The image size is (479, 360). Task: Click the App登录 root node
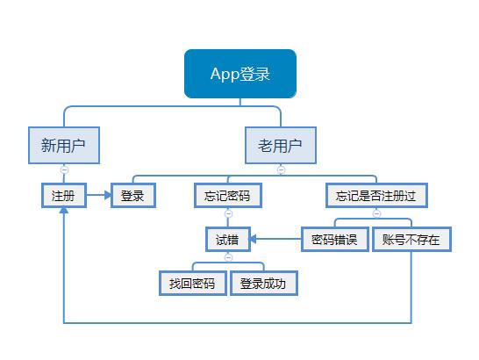(x=239, y=73)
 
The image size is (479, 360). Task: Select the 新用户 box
(x=64, y=146)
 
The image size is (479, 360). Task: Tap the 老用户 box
(x=282, y=146)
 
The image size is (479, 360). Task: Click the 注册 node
(x=64, y=195)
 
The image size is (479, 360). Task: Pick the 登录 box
(x=133, y=195)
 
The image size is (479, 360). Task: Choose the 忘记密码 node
(x=228, y=195)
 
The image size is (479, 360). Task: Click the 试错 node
(x=228, y=239)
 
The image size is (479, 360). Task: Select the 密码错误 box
(x=334, y=239)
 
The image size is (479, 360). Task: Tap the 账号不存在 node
(x=411, y=239)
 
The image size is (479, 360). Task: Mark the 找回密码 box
(x=192, y=284)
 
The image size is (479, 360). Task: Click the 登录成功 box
(x=264, y=284)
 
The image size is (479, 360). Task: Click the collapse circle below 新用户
(x=64, y=169)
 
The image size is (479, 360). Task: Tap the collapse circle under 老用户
(x=282, y=169)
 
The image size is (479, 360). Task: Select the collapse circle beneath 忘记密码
(x=228, y=213)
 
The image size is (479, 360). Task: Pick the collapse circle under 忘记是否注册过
(x=377, y=213)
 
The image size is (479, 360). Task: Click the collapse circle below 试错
(x=228, y=257)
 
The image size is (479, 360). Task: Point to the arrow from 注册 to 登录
(x=98, y=195)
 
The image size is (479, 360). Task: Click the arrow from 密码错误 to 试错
(x=275, y=239)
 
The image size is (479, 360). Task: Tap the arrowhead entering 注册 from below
(x=64, y=213)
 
